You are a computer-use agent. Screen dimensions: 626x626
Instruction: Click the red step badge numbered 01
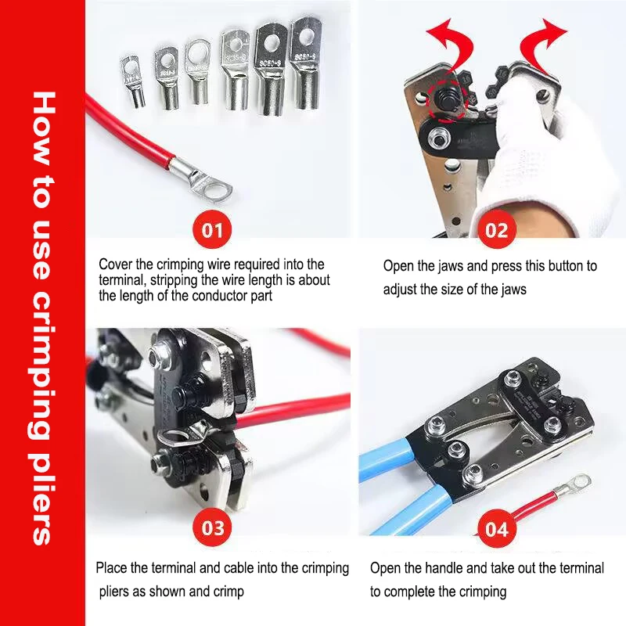(212, 230)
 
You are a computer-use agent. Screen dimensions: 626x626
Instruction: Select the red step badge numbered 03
(213, 527)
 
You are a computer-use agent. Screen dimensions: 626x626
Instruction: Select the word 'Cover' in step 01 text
(114, 264)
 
